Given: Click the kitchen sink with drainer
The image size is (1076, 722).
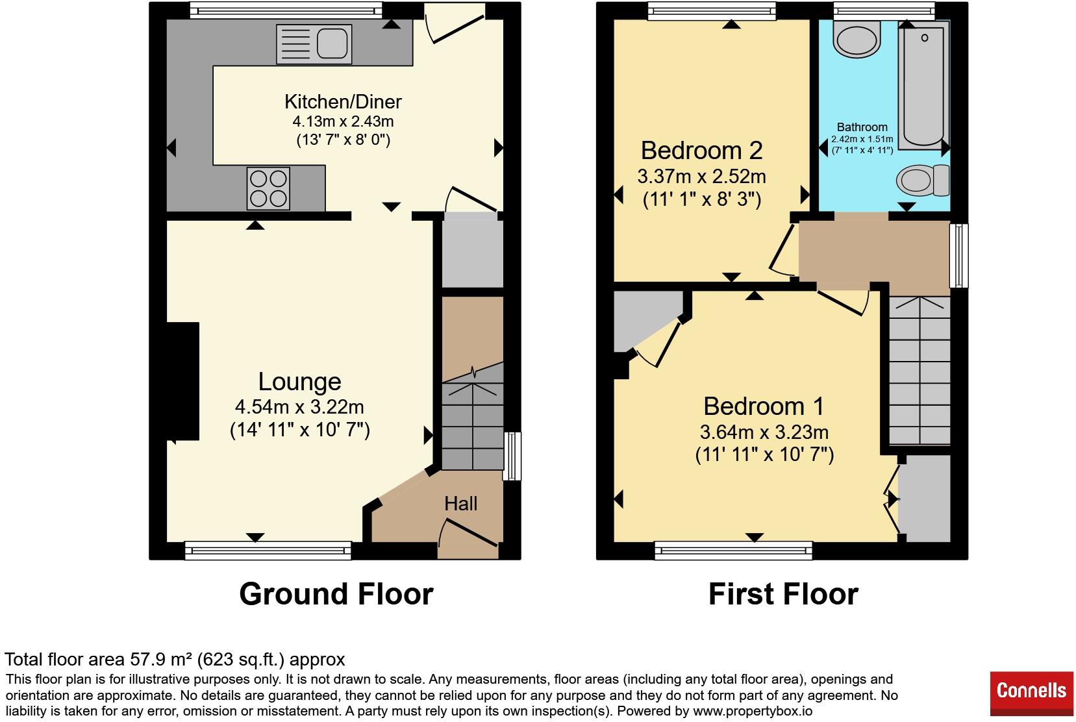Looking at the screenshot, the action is [x=314, y=44].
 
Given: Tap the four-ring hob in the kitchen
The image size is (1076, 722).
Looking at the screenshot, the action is [x=269, y=188].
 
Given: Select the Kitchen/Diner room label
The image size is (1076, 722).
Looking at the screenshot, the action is [x=343, y=102].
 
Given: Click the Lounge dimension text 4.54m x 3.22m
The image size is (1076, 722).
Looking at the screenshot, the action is [x=299, y=407].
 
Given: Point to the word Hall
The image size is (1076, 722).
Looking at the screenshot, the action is [x=460, y=503].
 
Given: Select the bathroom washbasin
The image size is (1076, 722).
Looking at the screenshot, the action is [x=857, y=38].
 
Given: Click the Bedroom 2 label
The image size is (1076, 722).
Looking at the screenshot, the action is [x=701, y=151].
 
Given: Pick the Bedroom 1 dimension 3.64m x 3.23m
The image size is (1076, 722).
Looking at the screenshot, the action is [x=764, y=432].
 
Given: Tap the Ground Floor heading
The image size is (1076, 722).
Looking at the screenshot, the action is [x=336, y=594].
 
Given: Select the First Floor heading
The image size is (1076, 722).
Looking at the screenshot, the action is [x=784, y=594].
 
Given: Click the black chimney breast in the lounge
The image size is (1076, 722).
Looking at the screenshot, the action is [x=182, y=381].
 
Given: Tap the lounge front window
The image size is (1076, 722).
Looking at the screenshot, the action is [x=268, y=551].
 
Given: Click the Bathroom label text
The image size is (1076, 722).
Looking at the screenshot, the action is [x=862, y=127].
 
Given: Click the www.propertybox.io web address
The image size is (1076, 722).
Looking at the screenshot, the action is [x=753, y=711].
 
